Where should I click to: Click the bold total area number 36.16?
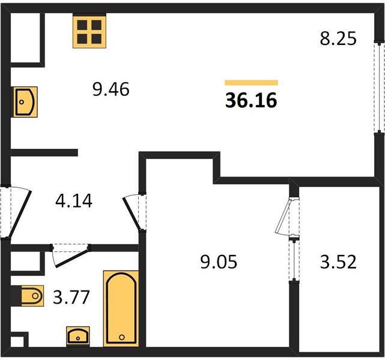(251, 100)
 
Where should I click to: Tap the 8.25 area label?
(338, 38)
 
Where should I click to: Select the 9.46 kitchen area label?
(111, 89)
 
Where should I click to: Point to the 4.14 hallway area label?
(74, 201)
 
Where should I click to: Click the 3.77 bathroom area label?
(71, 297)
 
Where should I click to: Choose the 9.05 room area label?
(219, 262)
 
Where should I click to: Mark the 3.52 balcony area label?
(338, 262)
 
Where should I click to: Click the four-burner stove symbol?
(89, 31)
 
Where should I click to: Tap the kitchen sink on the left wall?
(25, 102)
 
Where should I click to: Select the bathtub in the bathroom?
(121, 308)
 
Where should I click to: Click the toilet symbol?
(32, 296)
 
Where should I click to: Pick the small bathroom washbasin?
(78, 336)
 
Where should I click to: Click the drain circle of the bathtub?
(122, 337)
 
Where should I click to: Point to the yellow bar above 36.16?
(251, 83)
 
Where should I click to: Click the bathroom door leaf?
(71, 258)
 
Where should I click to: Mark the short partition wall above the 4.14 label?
(44, 152)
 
